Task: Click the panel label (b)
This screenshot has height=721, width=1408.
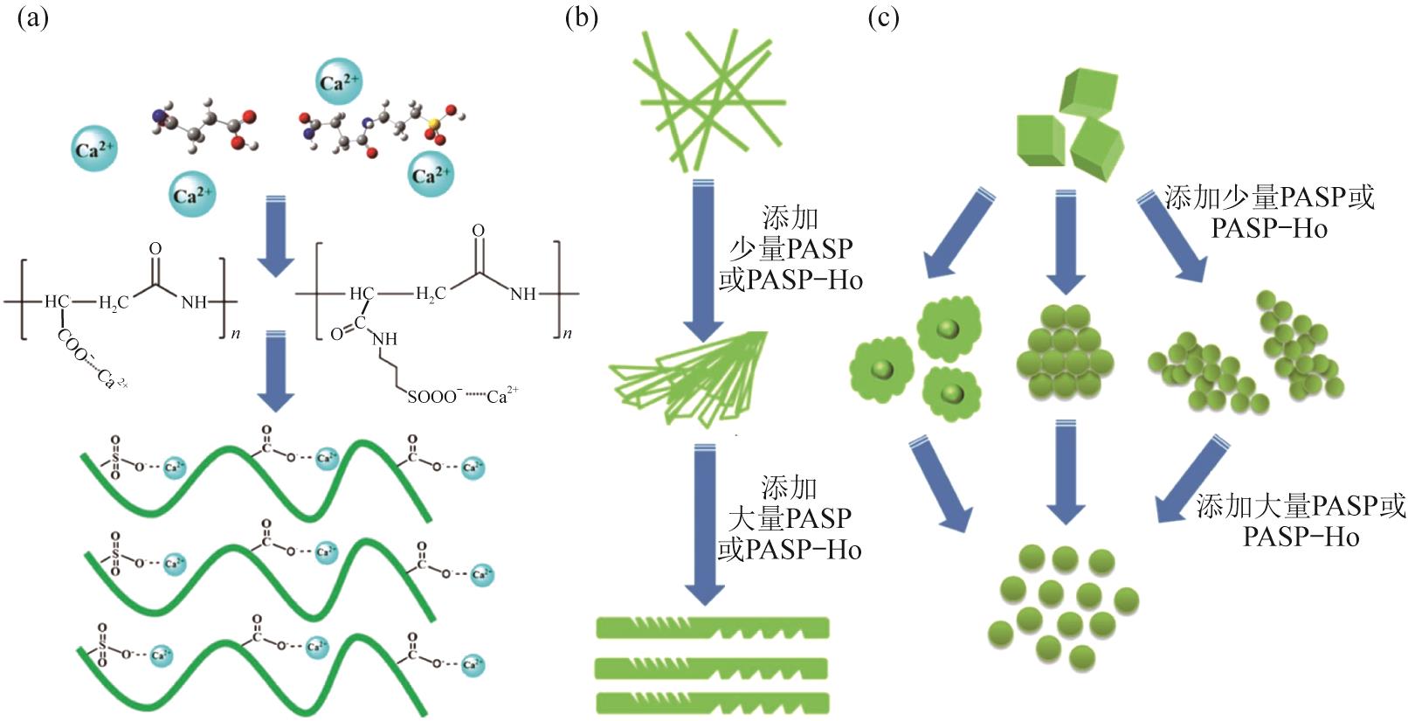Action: click(582, 18)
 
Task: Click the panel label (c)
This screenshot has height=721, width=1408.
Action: click(883, 18)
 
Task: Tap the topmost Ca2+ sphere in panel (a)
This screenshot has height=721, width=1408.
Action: click(338, 82)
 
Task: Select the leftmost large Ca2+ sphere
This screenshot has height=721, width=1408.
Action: click(94, 149)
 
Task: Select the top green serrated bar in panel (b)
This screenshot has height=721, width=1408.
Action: click(712, 628)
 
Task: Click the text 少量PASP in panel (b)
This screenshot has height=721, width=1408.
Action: click(790, 249)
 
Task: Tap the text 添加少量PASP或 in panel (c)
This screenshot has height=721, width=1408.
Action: click(1268, 198)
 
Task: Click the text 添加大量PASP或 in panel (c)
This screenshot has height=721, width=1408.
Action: click(1300, 506)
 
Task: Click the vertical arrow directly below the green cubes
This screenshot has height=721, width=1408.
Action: click(1066, 240)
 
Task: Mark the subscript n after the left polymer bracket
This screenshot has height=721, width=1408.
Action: click(236, 333)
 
